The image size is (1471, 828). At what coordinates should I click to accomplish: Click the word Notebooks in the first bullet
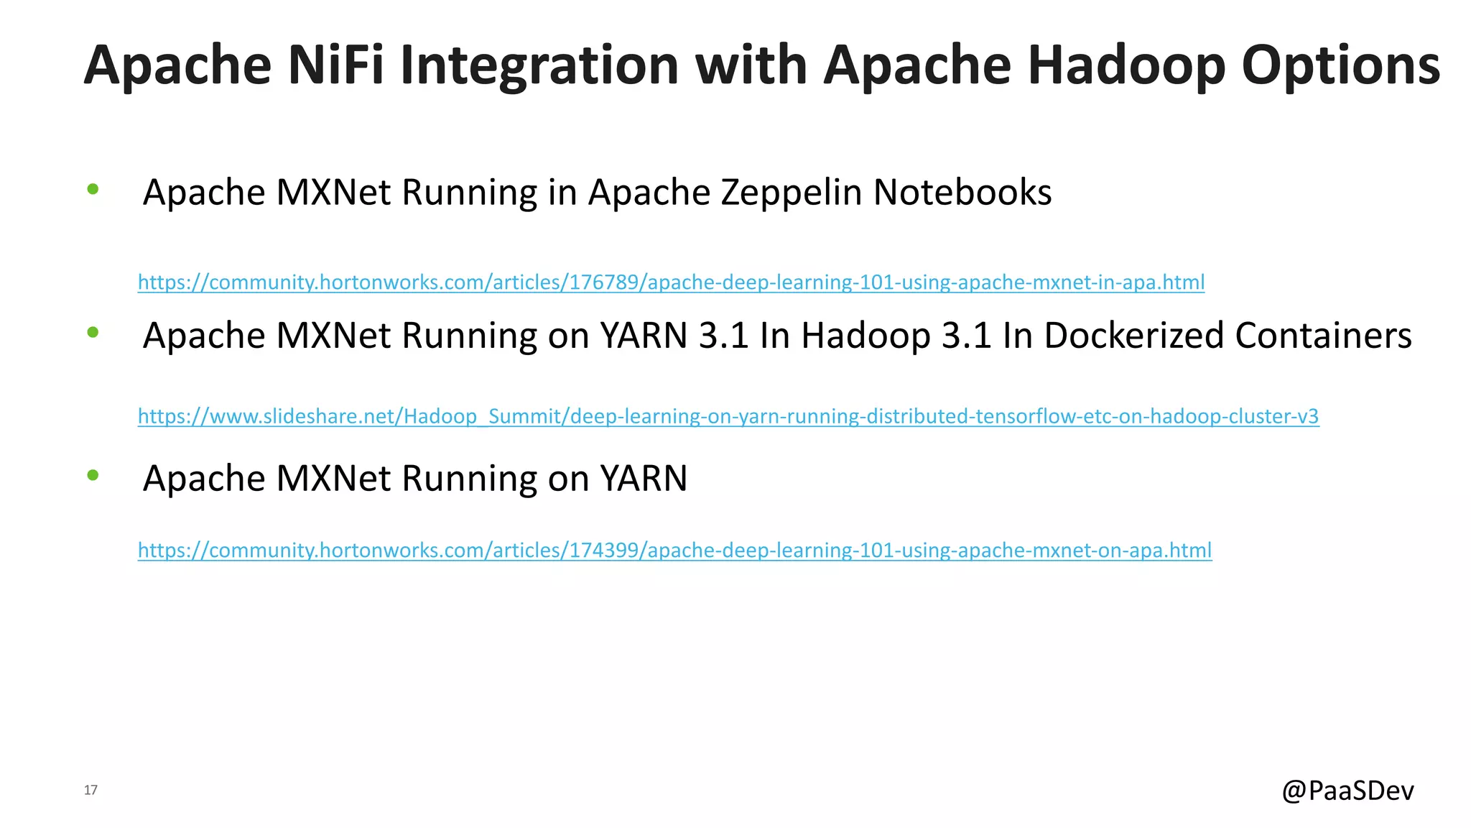(962, 193)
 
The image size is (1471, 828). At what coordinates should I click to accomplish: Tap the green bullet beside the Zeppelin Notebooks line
(93, 190)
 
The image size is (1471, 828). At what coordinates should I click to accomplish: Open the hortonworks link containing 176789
(671, 282)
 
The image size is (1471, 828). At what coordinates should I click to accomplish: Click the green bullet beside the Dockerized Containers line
(93, 332)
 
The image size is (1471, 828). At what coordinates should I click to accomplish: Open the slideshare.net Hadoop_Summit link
(728, 416)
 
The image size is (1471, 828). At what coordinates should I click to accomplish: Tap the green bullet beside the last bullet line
(93, 475)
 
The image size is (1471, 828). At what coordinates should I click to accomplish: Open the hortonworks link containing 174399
(674, 550)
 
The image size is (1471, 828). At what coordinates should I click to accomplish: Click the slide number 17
(91, 790)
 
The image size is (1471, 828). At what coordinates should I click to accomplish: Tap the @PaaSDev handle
(1347, 791)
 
